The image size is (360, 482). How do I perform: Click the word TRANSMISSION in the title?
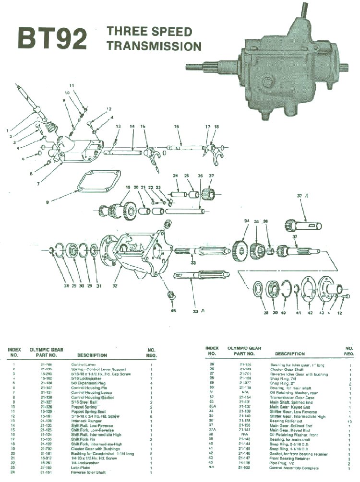click(x=154, y=47)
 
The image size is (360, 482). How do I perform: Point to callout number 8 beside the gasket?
click(x=48, y=202)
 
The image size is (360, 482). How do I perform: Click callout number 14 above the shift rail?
click(x=132, y=126)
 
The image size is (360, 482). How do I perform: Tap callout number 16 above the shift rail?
click(x=176, y=126)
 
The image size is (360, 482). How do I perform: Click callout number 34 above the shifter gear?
click(x=247, y=221)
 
